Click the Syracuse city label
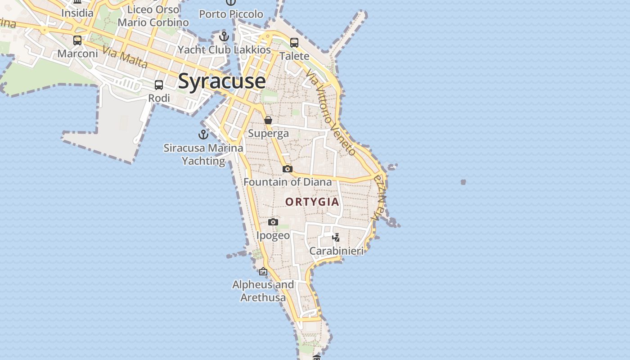click(x=222, y=81)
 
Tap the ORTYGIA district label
click(x=312, y=202)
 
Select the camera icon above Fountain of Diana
click(x=288, y=169)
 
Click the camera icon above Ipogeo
click(x=273, y=222)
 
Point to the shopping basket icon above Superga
click(x=268, y=120)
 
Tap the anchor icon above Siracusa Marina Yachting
click(x=203, y=134)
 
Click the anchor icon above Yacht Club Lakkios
click(x=224, y=36)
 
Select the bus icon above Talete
click(x=294, y=43)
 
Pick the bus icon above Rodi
click(x=159, y=85)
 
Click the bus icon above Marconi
click(x=77, y=40)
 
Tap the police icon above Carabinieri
click(x=336, y=238)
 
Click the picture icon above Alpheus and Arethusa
click(x=263, y=271)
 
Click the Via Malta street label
click(x=125, y=57)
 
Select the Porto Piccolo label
click(x=231, y=14)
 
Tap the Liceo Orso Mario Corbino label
click(x=153, y=16)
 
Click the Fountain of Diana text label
click(x=288, y=182)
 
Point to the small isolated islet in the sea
click(x=463, y=182)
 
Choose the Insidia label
click(x=77, y=13)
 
